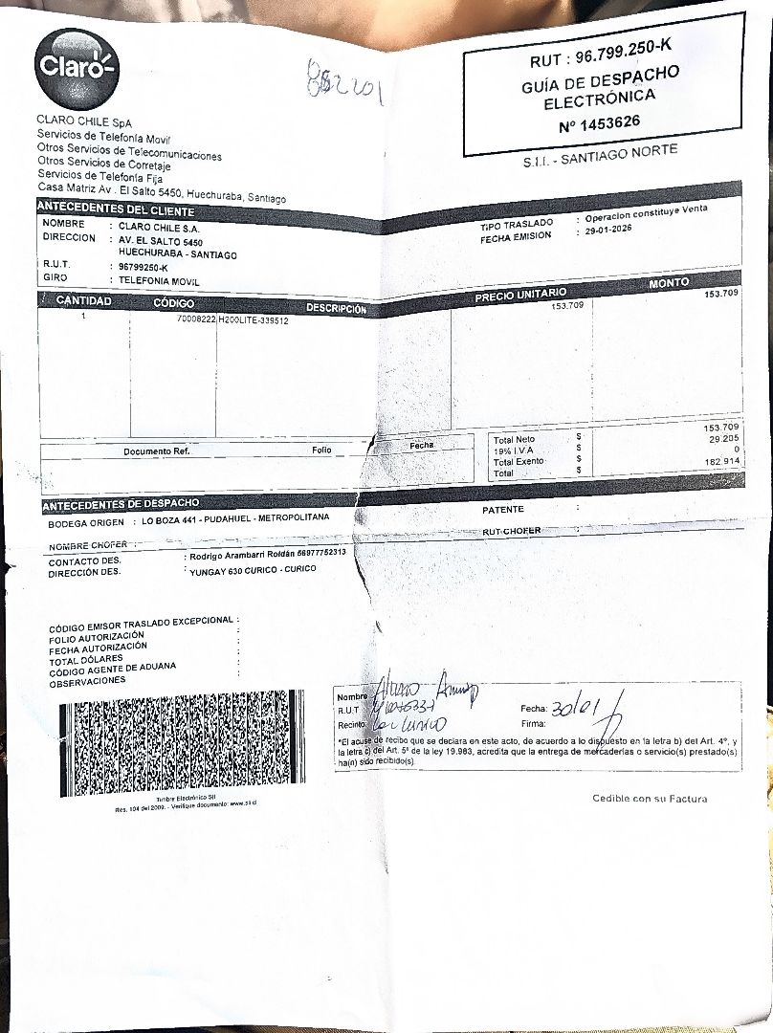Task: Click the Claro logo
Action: pyautogui.click(x=76, y=68)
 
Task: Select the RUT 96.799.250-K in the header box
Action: pyautogui.click(x=600, y=57)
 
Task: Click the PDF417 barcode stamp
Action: pyautogui.click(x=182, y=743)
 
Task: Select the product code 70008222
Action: pyautogui.click(x=197, y=320)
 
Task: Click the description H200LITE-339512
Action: pyautogui.click(x=254, y=320)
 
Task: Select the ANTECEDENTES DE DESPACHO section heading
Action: pyautogui.click(x=121, y=503)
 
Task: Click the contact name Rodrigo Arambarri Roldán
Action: pyautogui.click(x=243, y=555)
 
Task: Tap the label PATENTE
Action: pyautogui.click(x=503, y=510)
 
